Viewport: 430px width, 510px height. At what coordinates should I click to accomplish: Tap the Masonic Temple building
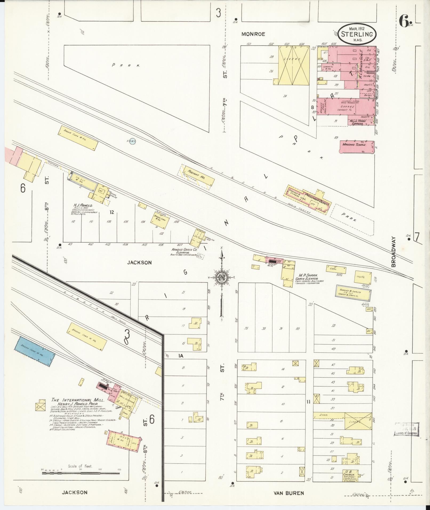(x=357, y=147)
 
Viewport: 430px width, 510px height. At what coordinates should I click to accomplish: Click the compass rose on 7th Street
(x=222, y=278)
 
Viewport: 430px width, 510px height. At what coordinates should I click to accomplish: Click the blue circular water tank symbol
(x=132, y=141)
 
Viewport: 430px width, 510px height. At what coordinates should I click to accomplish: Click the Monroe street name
(x=253, y=34)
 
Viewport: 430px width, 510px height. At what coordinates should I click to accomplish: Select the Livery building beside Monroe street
(x=294, y=65)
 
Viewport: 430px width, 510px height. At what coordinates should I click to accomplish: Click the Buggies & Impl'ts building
(x=353, y=293)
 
